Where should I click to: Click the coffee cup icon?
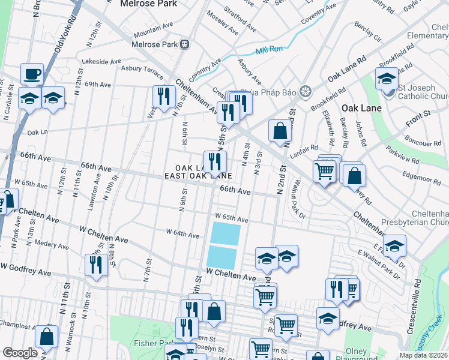coord(32,74)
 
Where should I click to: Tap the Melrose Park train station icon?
coord(185,44)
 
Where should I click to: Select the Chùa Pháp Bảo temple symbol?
coord(306,91)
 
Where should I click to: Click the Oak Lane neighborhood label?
coord(358,108)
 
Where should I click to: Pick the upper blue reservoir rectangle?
coord(226,233)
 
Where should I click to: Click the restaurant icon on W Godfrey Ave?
coord(96,264)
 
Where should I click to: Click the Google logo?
coord(19,353)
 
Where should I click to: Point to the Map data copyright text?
coord(424,355)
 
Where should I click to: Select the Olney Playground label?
coord(365,355)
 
